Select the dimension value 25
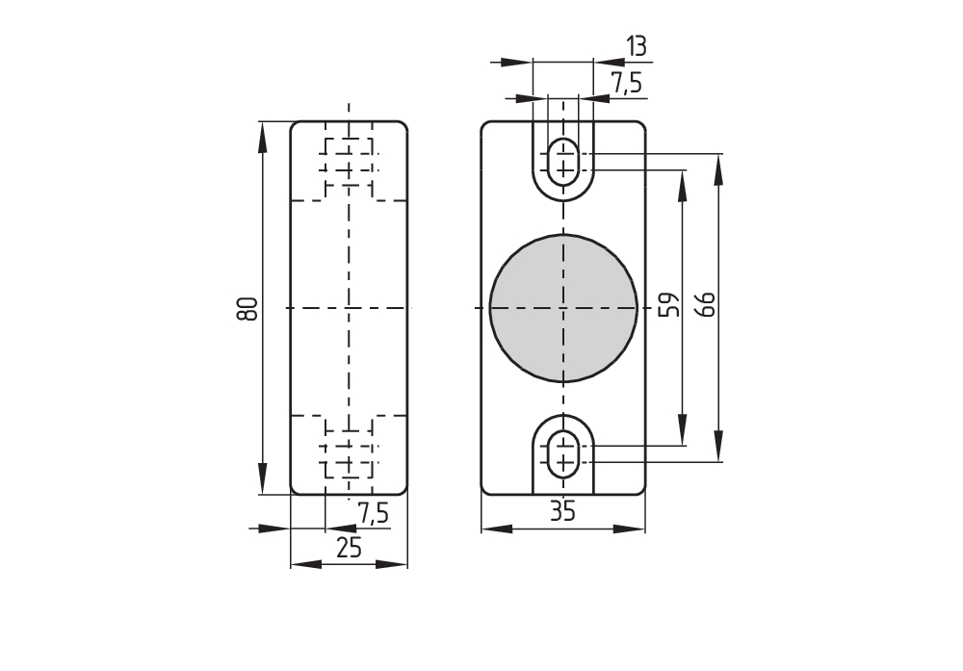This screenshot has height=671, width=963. tap(349, 548)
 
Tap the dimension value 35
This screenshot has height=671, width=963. tap(563, 512)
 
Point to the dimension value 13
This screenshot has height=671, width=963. tap(635, 45)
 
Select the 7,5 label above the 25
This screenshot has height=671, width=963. tap(373, 514)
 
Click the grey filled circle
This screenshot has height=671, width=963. tap(563, 307)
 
